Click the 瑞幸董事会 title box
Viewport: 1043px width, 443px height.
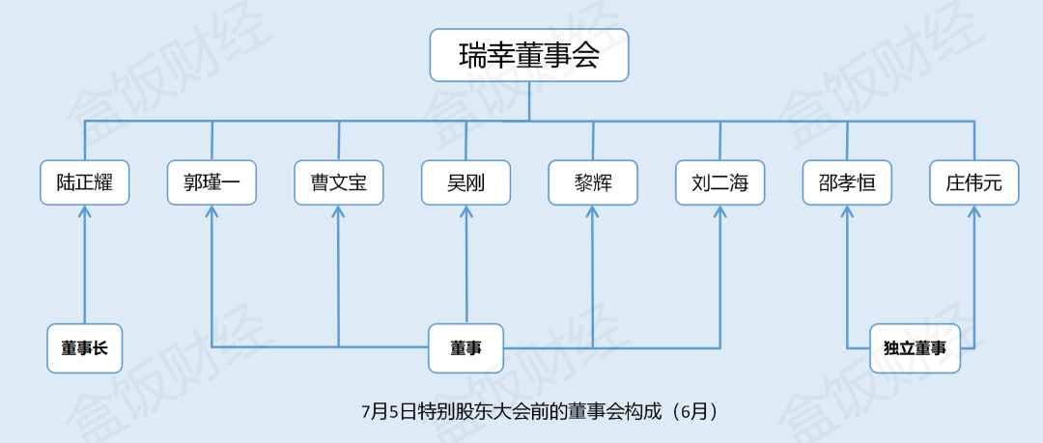click(x=529, y=55)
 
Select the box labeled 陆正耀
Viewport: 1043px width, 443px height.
click(x=85, y=182)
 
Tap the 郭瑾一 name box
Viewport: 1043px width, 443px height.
click(x=211, y=182)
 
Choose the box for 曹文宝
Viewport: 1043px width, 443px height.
click(x=339, y=182)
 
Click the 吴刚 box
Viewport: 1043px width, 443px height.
click(x=466, y=182)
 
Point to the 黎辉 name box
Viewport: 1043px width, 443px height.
click(x=593, y=182)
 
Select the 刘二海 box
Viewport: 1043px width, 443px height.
click(x=720, y=182)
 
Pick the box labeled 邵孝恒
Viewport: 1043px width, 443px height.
click(x=847, y=182)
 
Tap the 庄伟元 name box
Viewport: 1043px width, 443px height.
click(x=974, y=182)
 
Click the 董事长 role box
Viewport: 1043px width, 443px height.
click(x=85, y=348)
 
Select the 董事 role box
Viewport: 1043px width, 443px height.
click(x=466, y=348)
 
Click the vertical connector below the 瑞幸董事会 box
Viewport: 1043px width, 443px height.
click(x=529, y=101)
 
